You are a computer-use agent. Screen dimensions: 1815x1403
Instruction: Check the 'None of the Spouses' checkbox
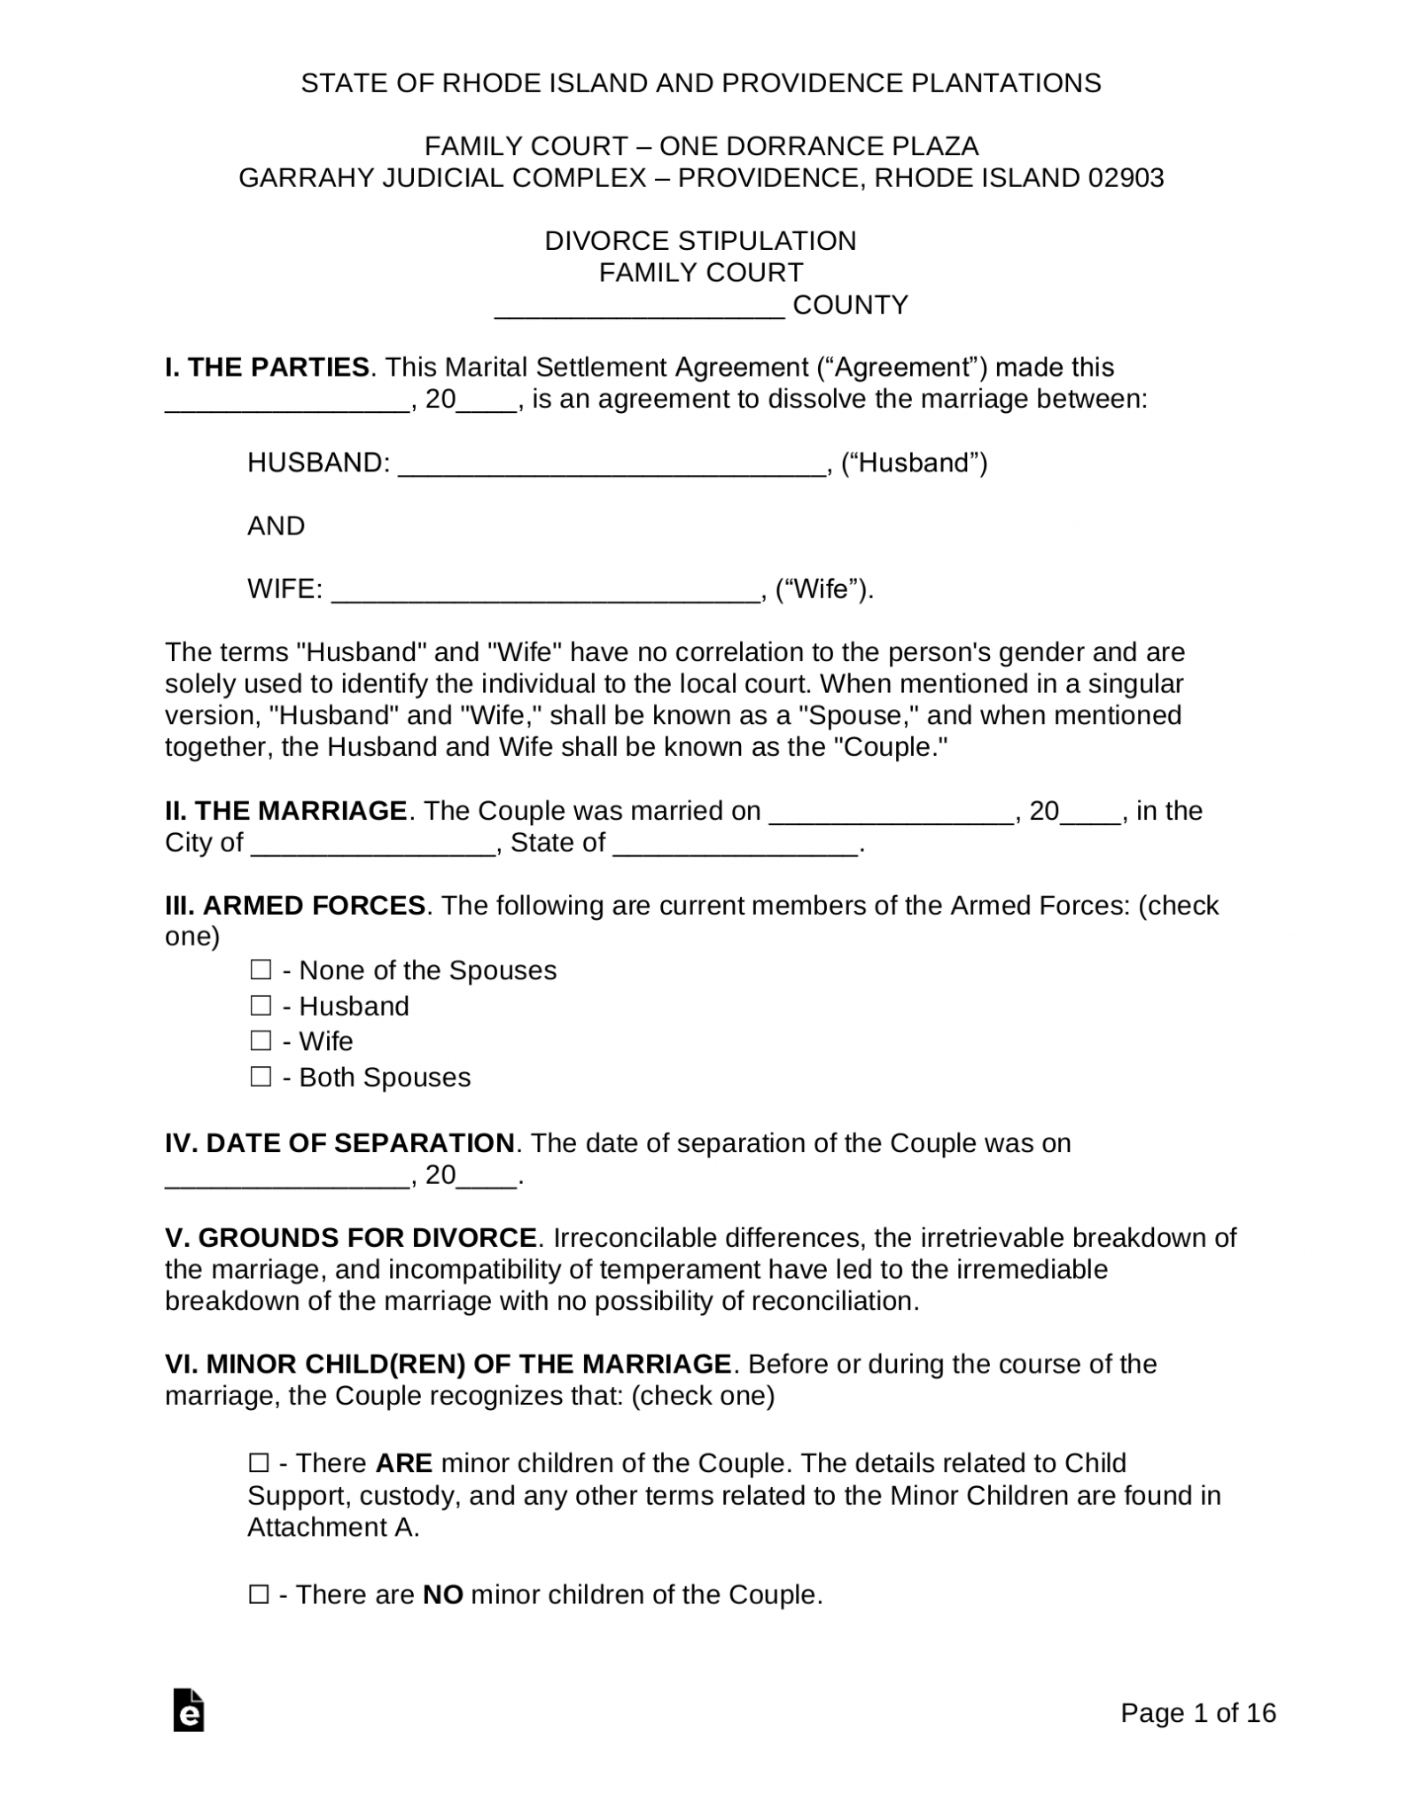pos(260,970)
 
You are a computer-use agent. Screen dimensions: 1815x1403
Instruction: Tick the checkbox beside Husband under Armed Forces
pos(260,1006)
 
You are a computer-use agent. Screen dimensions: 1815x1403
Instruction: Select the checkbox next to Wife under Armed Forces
pos(260,1040)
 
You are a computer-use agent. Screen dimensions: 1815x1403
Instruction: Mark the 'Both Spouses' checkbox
pos(260,1077)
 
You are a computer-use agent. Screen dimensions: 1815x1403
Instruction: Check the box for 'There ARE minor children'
pos(259,1463)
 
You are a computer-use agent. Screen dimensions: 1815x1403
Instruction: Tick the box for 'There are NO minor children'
pos(259,1595)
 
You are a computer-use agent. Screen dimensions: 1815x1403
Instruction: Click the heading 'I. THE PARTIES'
pos(267,367)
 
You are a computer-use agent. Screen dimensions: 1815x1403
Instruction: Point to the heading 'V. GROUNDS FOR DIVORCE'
pos(351,1237)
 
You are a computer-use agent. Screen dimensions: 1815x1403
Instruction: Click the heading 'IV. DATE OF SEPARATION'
pos(339,1143)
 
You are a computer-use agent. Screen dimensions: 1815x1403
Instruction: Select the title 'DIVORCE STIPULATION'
pos(700,241)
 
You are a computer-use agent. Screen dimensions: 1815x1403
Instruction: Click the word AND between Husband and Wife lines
pos(276,526)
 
